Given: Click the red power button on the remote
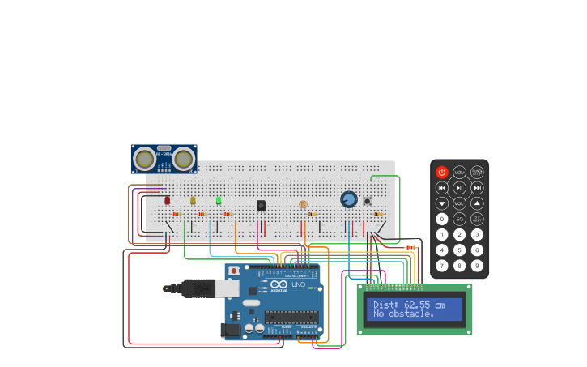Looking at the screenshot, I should (x=442, y=172).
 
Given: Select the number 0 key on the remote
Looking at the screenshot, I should (x=442, y=219).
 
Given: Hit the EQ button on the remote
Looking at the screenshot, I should (x=460, y=219).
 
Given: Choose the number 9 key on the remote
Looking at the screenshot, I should (x=477, y=265).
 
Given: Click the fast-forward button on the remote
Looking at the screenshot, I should (x=477, y=187).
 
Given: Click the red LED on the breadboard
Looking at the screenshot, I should (x=168, y=200).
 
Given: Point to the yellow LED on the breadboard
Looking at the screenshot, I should (x=193, y=200).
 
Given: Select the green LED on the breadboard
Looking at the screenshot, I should (x=219, y=200).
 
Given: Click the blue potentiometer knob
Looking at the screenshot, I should (x=349, y=199).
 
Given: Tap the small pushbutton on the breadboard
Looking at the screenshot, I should (x=367, y=201).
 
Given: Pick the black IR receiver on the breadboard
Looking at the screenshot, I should (x=261, y=206).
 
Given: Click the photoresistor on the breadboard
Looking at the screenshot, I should (x=303, y=204).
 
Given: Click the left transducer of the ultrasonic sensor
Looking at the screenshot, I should (x=145, y=159).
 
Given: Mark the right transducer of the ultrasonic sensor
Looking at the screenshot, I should (x=184, y=159).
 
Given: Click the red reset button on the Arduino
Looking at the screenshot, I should (x=234, y=271).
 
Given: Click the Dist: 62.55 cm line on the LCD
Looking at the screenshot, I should (x=409, y=305).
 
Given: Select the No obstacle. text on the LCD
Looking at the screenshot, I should (x=404, y=314).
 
